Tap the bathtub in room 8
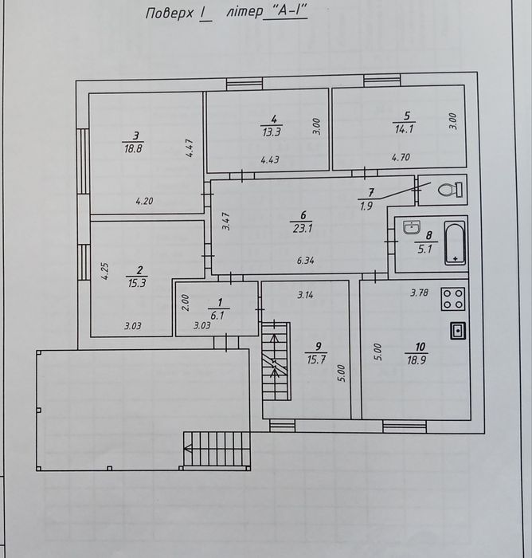[456, 243]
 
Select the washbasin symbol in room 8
[412, 227]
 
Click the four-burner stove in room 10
[452, 299]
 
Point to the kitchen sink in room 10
[458, 331]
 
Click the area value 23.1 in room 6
[303, 228]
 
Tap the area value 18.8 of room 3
[133, 148]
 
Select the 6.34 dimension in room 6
[306, 261]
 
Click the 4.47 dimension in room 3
[189, 148]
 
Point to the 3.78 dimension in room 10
[419, 293]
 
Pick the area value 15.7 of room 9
[316, 360]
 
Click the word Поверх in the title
[170, 14]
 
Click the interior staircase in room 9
[276, 361]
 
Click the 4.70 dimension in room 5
[401, 157]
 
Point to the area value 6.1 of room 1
[217, 316]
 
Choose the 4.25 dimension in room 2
[104, 272]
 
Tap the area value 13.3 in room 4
[272, 132]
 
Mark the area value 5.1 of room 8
[424, 249]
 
